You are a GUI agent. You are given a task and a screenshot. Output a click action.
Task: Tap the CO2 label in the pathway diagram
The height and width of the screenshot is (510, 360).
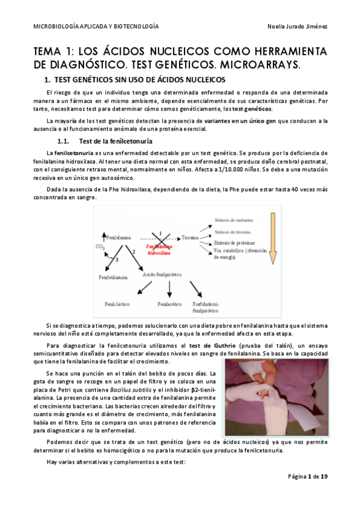click(x=100, y=247)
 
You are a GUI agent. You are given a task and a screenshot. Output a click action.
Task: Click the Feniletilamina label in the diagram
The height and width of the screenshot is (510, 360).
click(x=112, y=277)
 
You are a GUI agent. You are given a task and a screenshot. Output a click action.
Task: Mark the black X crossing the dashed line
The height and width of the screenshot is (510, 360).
click(x=158, y=236)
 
